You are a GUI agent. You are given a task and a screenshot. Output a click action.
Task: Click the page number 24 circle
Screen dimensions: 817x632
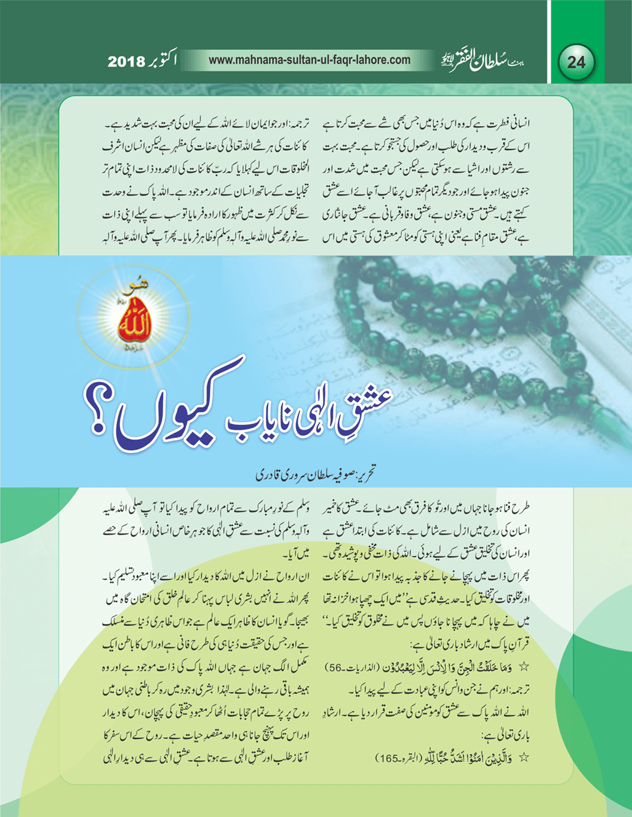click(x=576, y=62)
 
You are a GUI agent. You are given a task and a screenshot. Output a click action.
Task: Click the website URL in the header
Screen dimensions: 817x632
click(x=310, y=60)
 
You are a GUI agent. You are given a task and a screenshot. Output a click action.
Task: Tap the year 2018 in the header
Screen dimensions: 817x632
click(x=126, y=62)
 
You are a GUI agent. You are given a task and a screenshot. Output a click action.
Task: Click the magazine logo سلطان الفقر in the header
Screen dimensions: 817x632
click(x=486, y=61)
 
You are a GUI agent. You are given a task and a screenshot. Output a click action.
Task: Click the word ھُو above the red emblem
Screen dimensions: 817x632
click(x=130, y=287)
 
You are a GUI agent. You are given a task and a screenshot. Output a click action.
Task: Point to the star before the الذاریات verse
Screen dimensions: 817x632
click(x=524, y=666)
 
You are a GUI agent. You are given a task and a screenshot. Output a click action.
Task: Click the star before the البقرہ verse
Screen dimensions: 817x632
click(x=524, y=757)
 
